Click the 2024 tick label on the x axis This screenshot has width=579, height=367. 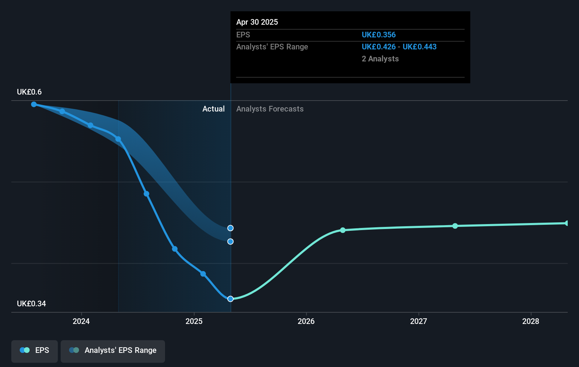click(x=81, y=321)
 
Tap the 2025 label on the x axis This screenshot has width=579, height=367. click(x=194, y=321)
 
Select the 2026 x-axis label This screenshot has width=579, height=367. click(x=306, y=321)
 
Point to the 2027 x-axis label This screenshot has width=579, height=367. click(x=419, y=321)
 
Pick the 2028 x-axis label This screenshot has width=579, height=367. click(x=531, y=321)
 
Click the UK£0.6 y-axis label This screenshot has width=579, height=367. click(x=29, y=92)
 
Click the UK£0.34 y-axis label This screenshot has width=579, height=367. click(x=31, y=304)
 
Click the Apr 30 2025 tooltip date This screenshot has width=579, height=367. click(x=257, y=22)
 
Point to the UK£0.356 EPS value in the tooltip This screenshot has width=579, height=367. click(x=379, y=35)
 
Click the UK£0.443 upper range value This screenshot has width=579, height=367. click(x=420, y=47)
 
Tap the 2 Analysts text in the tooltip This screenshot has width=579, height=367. click(x=380, y=59)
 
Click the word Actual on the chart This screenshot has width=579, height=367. click(x=213, y=109)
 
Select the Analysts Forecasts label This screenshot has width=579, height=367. click(x=270, y=109)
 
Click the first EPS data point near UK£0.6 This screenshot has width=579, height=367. click(x=34, y=104)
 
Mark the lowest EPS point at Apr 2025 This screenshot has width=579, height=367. click(x=230, y=299)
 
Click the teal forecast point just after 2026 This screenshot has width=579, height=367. click(x=343, y=230)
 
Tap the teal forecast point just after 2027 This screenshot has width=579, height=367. click(x=455, y=226)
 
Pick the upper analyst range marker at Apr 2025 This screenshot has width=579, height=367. click(x=230, y=228)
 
